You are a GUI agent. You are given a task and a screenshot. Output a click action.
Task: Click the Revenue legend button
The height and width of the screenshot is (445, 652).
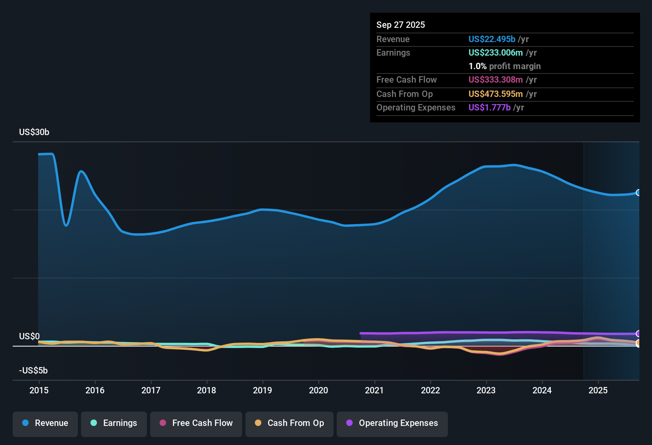coord(45,423)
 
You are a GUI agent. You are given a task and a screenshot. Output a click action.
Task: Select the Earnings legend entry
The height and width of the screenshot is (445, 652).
coord(114,423)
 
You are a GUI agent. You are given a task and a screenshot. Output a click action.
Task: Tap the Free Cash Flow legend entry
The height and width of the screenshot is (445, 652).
coord(196,423)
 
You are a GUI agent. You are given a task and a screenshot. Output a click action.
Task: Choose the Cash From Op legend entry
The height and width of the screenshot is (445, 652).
coord(289,423)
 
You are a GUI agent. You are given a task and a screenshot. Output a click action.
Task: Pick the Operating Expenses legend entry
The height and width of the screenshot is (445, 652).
coord(392,423)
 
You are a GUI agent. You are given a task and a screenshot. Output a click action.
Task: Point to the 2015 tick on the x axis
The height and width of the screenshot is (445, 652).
coord(39,390)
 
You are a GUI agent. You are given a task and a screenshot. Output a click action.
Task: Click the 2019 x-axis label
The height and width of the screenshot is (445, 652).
coord(262,390)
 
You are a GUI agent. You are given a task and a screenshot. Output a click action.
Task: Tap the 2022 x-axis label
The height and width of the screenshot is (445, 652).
coord(430,390)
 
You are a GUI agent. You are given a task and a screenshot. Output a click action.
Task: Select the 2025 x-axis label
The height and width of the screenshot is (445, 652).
coord(598,390)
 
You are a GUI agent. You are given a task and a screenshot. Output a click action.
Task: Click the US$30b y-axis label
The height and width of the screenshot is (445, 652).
coord(34,132)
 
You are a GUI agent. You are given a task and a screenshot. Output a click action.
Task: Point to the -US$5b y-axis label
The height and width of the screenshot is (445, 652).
coord(33,371)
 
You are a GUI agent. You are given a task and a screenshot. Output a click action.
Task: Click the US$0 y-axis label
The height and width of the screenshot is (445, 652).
coord(29,337)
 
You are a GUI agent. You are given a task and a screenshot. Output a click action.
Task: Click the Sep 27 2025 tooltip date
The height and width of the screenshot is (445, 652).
coord(401,25)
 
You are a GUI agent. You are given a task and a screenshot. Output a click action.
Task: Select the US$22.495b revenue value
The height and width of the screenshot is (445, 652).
coord(492,39)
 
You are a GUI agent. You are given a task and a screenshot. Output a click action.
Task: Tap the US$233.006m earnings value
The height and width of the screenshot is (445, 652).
coord(496,53)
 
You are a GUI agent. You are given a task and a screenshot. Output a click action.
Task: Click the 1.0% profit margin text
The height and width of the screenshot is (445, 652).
coord(505,66)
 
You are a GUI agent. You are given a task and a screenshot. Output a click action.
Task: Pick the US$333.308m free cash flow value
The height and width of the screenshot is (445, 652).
coord(496,80)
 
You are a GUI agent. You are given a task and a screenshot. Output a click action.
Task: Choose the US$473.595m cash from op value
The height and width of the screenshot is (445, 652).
coord(496,94)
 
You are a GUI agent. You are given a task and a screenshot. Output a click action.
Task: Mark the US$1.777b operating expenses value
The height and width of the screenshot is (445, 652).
coord(490,108)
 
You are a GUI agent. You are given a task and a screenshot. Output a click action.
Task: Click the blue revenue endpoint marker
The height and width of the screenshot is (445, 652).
coord(638,193)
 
